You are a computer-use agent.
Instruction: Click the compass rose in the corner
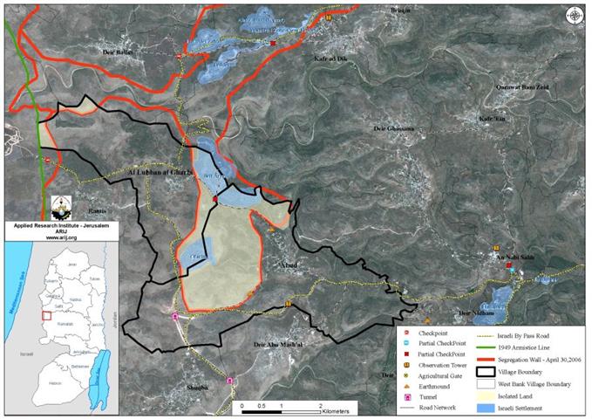click(575, 15)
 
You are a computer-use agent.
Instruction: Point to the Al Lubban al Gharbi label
click(159, 173)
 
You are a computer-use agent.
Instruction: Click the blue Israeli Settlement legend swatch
click(485, 408)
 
